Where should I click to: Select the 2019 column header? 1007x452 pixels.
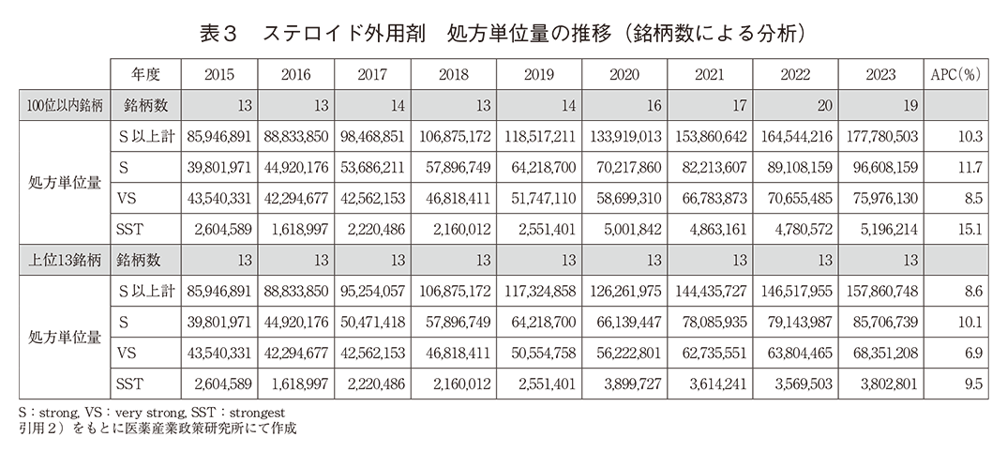pyautogui.click(x=538, y=74)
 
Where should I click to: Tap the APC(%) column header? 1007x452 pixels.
pyautogui.click(x=953, y=74)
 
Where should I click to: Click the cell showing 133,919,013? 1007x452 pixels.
pyautogui.click(x=623, y=136)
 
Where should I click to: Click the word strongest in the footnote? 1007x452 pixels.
pyautogui.click(x=264, y=412)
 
